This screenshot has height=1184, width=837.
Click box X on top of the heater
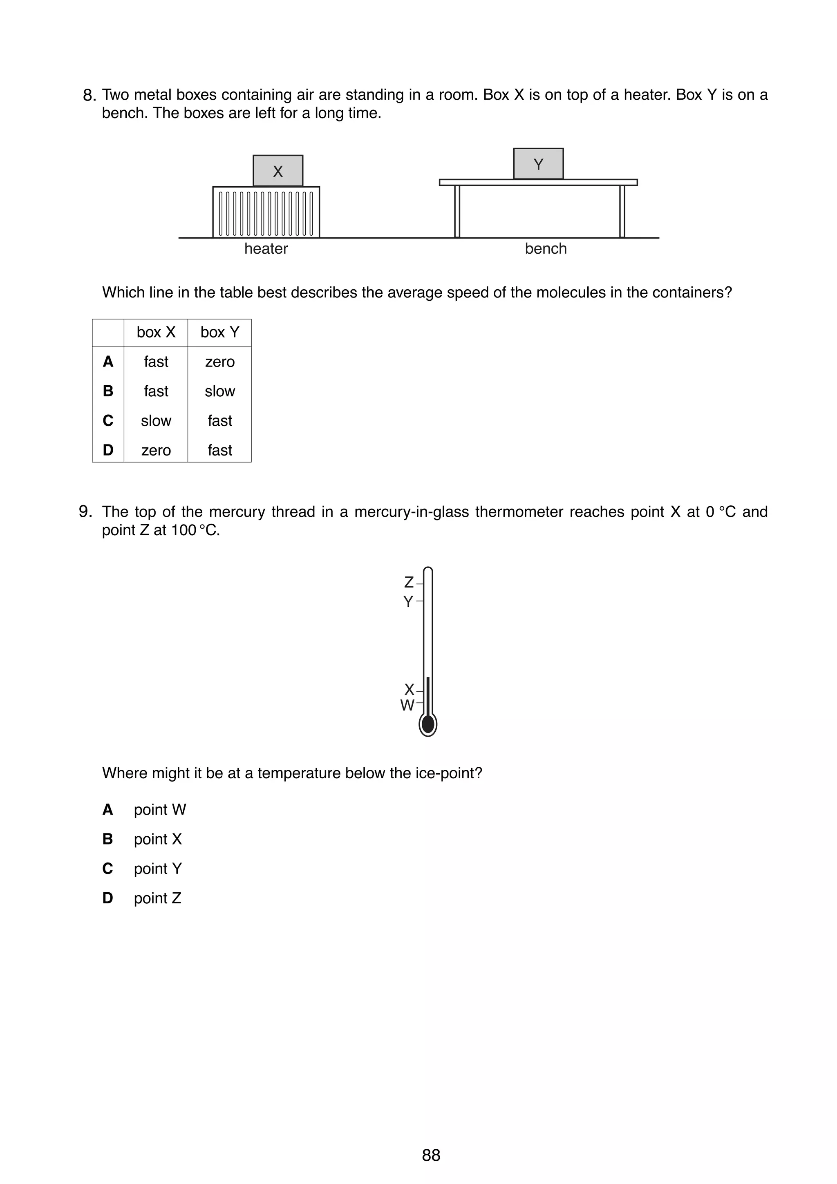click(278, 171)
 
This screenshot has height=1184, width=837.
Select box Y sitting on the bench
click(538, 164)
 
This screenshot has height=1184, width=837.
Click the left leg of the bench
click(457, 212)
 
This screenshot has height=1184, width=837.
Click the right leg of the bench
click(622, 212)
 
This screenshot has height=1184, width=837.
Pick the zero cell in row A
click(220, 362)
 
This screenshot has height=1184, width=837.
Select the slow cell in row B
click(220, 391)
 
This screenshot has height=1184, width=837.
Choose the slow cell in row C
click(156, 421)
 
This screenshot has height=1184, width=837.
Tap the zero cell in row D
click(156, 450)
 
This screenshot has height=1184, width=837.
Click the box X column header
click(156, 332)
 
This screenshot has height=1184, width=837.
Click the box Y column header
click(220, 332)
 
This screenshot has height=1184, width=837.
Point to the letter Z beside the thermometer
click(408, 582)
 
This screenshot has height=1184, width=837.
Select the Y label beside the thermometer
click(408, 601)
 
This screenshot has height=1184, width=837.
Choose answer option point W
click(159, 810)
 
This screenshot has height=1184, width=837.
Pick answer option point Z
click(157, 898)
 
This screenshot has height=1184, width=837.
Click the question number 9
click(85, 512)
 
